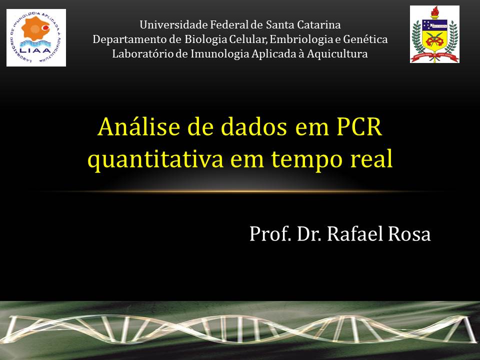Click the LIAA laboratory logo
click(x=36, y=37)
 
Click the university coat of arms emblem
click(x=434, y=34)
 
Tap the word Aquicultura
click(x=337, y=54)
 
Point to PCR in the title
click(x=359, y=126)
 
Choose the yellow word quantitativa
click(x=155, y=159)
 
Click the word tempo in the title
click(x=306, y=160)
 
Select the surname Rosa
click(x=409, y=234)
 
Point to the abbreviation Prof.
click(x=270, y=234)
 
